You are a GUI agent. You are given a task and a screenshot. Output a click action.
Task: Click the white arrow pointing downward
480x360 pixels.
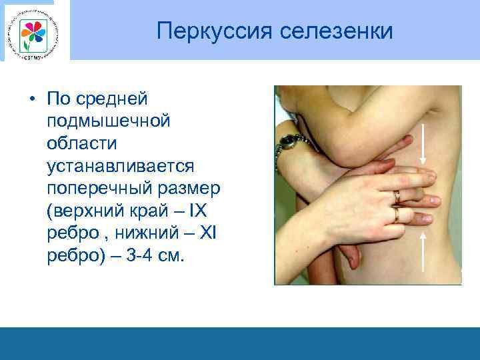423,147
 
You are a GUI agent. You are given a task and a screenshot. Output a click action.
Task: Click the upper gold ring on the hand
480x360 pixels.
397,197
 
